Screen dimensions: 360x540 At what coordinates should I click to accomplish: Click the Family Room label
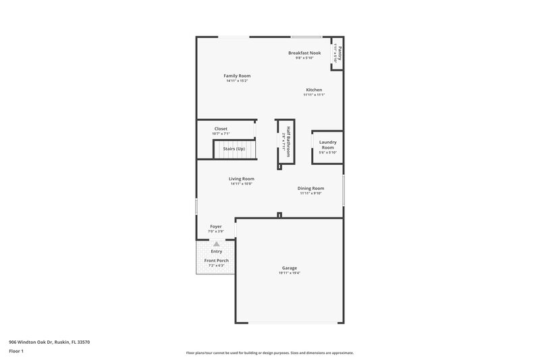click(x=237, y=76)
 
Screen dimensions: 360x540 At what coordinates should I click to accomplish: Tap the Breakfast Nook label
click(x=304, y=53)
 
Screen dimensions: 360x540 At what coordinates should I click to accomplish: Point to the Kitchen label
click(x=314, y=90)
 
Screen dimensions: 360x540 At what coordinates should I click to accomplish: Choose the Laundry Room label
click(x=327, y=145)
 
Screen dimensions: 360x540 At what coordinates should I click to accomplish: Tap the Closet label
click(x=221, y=128)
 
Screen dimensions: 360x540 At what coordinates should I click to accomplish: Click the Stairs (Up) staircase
click(x=236, y=149)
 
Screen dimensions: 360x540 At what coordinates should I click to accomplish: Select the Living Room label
click(x=241, y=179)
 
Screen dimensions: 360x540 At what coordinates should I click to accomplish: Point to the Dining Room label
click(x=310, y=188)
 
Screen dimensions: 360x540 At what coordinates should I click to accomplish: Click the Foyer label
click(x=216, y=227)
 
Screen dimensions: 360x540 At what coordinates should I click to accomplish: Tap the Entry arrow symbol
click(x=216, y=244)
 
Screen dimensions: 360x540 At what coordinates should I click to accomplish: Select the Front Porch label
click(x=216, y=261)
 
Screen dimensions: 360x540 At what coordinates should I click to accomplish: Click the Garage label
click(x=289, y=268)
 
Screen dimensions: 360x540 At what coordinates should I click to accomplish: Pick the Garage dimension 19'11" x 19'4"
click(x=289, y=273)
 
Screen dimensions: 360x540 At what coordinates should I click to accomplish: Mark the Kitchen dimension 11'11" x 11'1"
click(x=314, y=95)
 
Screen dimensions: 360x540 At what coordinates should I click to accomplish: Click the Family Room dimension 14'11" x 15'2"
click(x=237, y=80)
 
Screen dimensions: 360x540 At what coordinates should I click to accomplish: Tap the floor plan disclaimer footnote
click(x=270, y=353)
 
